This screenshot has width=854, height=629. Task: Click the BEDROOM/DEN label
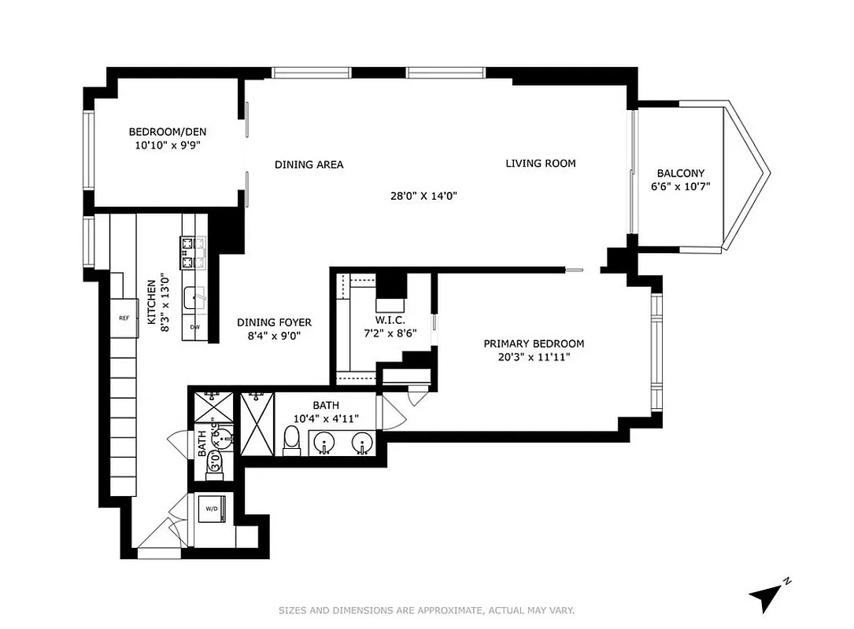[x=168, y=132]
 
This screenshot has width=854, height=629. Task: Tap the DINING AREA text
[x=309, y=165]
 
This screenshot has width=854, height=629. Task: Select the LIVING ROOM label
[x=540, y=164]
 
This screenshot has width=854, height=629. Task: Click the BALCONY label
[x=681, y=174]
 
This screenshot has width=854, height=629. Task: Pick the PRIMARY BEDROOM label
[x=533, y=344]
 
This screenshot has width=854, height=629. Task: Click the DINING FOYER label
[x=275, y=322]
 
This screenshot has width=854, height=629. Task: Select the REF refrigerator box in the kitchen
[x=124, y=318]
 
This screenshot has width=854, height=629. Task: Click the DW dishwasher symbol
[x=194, y=327]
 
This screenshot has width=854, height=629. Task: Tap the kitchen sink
[x=194, y=299]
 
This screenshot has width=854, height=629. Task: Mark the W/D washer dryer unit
[x=213, y=509]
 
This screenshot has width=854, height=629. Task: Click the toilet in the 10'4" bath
[x=291, y=442]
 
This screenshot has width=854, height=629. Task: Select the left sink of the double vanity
[x=323, y=443]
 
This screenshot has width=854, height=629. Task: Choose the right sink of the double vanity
[x=362, y=443]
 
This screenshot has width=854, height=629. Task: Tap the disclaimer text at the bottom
[x=427, y=610]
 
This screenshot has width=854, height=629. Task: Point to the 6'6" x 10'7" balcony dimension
[x=681, y=187]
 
